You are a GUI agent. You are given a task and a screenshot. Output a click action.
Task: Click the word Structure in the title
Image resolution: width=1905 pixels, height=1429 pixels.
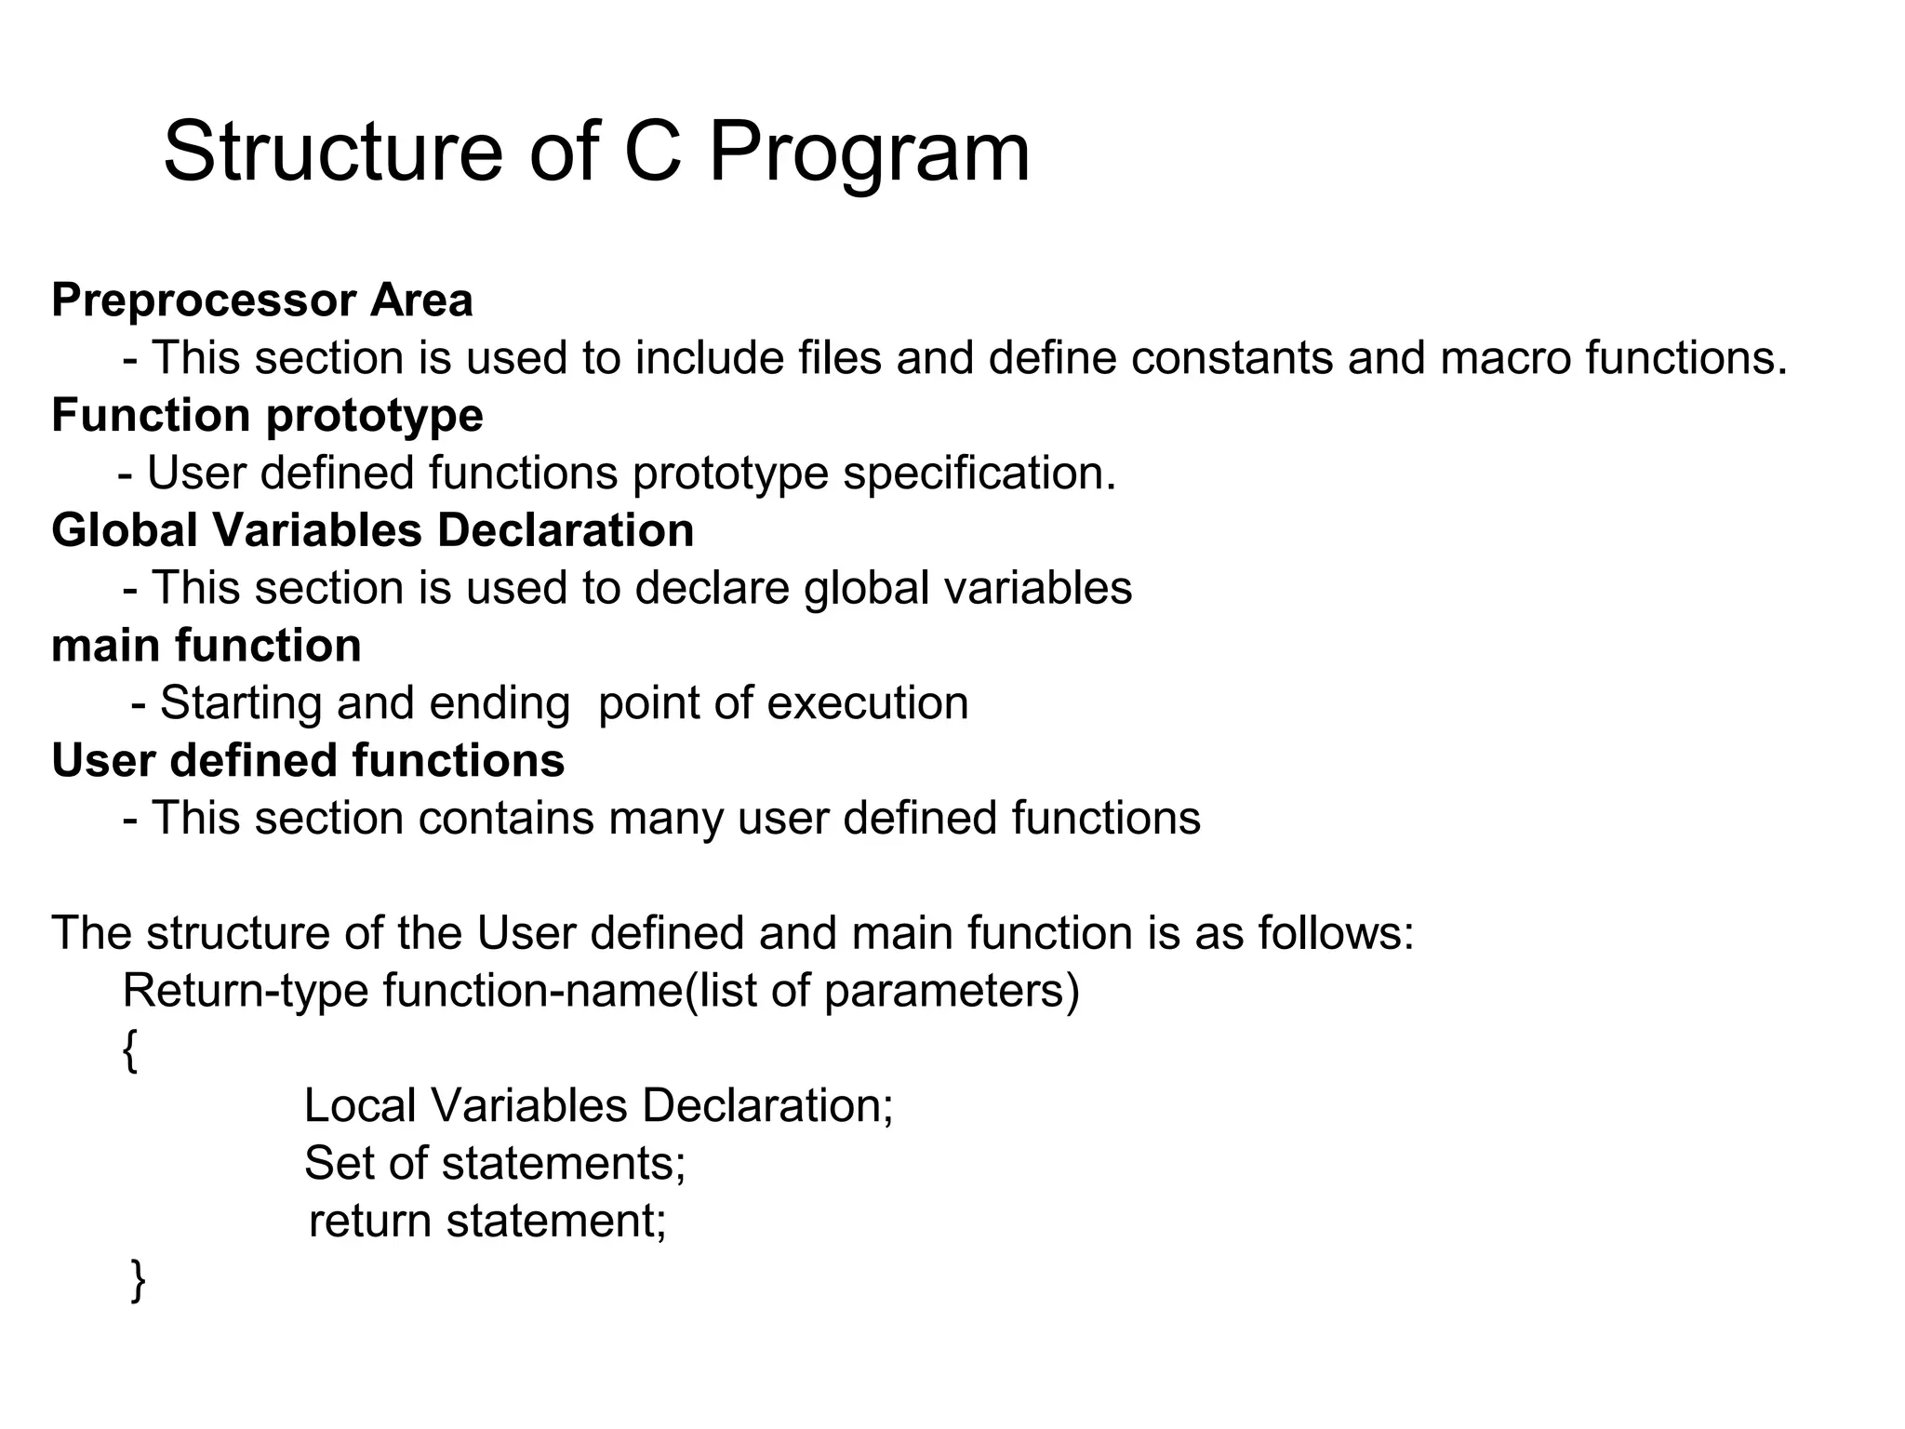tap(332, 152)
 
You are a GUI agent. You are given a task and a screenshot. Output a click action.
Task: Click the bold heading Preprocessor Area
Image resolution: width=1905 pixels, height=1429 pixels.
tap(262, 300)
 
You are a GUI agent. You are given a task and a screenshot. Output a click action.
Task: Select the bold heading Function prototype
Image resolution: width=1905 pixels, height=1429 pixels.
tap(267, 415)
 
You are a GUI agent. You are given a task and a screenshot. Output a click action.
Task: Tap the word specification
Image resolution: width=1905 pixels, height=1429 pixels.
tap(979, 474)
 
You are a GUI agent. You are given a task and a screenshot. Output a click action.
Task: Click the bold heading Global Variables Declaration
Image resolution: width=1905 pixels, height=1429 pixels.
tap(372, 530)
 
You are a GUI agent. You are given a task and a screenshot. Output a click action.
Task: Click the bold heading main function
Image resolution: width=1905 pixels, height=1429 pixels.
tap(206, 646)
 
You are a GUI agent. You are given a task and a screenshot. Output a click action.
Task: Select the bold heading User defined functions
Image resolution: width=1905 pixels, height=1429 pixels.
tap(308, 760)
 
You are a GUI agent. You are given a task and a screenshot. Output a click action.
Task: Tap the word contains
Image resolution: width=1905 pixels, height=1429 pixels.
tap(505, 819)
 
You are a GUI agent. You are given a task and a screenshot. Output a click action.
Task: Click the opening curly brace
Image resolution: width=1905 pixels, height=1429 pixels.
tap(130, 1051)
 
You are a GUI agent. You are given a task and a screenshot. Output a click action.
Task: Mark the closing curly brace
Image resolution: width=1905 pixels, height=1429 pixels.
tap(138, 1280)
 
